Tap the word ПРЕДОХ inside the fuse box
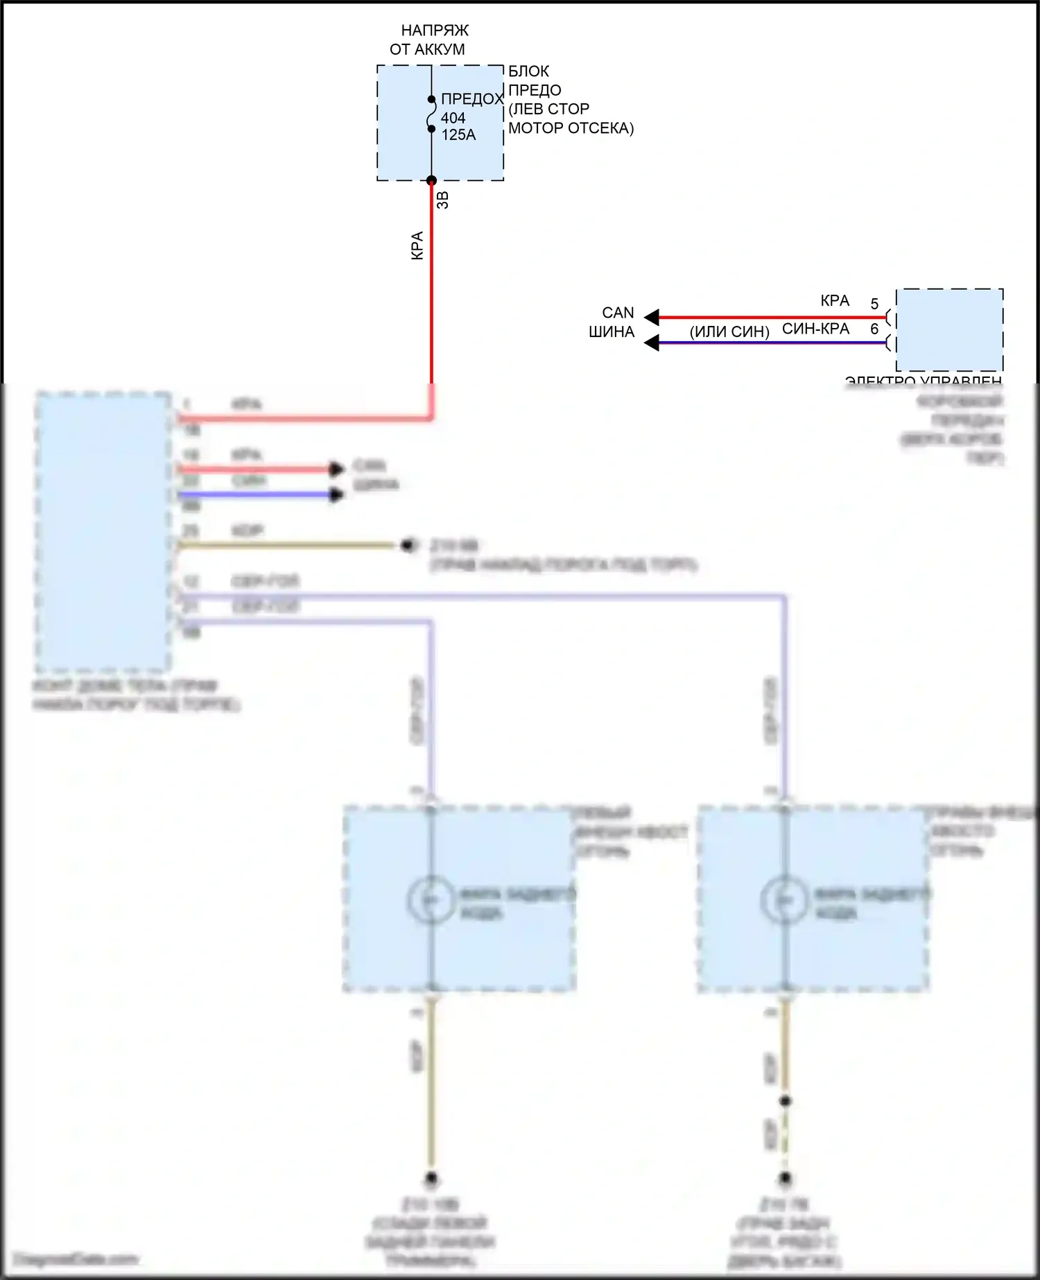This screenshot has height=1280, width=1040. (471, 99)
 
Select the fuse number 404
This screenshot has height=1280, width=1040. (453, 118)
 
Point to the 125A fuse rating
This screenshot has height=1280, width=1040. (458, 135)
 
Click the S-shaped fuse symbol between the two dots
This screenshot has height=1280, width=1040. (431, 114)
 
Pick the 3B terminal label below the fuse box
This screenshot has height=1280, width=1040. (443, 200)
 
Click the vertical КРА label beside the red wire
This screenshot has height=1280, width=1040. (417, 245)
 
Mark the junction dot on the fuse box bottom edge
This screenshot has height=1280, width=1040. (431, 180)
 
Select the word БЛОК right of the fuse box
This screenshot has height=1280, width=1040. (528, 71)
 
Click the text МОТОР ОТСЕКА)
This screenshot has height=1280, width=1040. (571, 128)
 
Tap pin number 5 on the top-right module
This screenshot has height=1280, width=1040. (874, 304)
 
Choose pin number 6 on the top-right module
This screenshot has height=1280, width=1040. (874, 329)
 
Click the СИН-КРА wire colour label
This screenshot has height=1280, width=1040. (815, 329)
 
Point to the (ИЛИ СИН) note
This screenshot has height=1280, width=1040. (729, 332)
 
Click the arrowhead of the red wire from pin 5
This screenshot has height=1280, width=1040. (651, 318)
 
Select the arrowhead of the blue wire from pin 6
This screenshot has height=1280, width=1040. (651, 343)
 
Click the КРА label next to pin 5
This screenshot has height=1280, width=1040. (835, 301)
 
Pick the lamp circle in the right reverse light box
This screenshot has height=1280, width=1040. (784, 899)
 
